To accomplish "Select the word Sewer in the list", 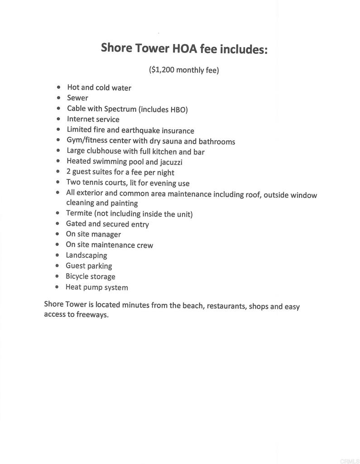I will click(x=77, y=98).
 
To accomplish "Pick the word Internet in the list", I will click(x=80, y=119).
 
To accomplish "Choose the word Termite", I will click(x=79, y=213).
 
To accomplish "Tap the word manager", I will click(x=106, y=234).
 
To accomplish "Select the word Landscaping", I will click(x=86, y=255).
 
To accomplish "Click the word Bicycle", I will click(x=77, y=276).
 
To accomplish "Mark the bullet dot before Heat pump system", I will click(x=57, y=287).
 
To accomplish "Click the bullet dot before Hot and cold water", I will click(x=58, y=87).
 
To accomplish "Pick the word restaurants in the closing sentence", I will click(x=226, y=306).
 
